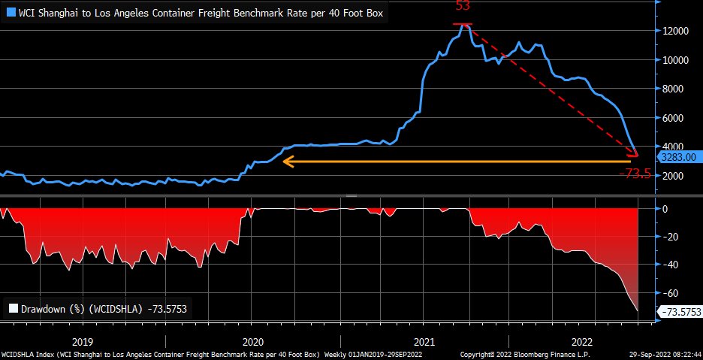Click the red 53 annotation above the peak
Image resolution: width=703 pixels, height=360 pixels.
click(463, 7)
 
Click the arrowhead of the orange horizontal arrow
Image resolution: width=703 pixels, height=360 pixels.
click(285, 160)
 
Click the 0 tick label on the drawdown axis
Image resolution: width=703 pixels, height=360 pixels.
click(665, 209)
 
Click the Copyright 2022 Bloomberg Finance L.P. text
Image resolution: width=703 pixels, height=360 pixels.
click(525, 354)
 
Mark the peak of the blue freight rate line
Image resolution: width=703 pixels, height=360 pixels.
click(466, 25)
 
